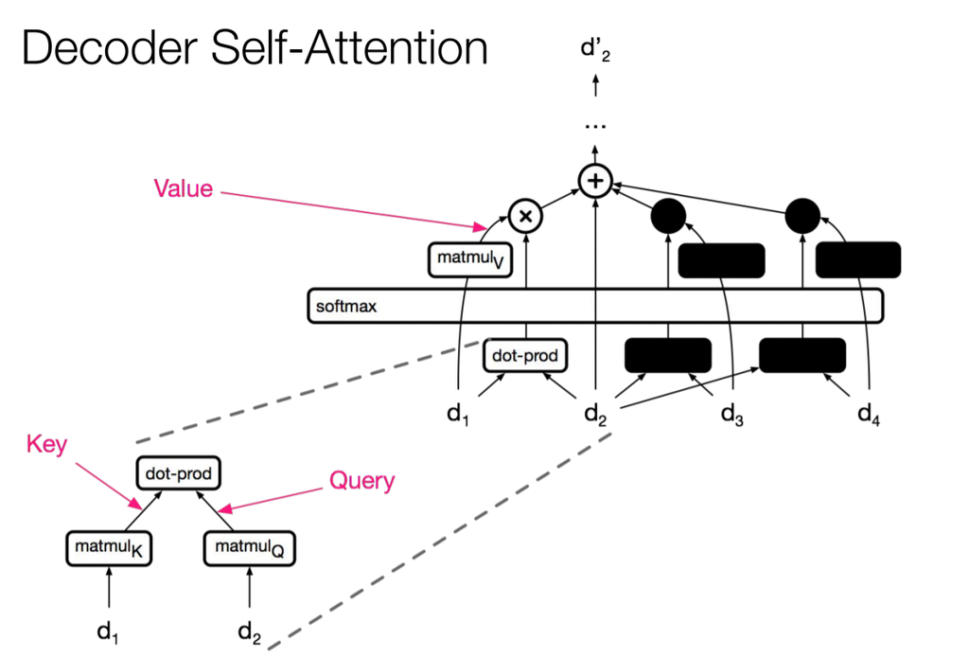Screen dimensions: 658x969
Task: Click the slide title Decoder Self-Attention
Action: pyautogui.click(x=255, y=48)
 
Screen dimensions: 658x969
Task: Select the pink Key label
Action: pyautogui.click(x=46, y=444)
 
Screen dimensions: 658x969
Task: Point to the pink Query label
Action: pyautogui.click(x=361, y=481)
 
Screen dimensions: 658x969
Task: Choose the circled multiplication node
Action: pyautogui.click(x=525, y=216)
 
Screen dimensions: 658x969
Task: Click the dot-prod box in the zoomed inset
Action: pyautogui.click(x=179, y=471)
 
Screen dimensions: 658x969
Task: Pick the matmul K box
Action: pyautogui.click(x=109, y=546)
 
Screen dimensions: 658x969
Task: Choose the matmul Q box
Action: pyautogui.click(x=249, y=546)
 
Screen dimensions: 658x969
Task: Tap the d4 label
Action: pyautogui.click(x=868, y=414)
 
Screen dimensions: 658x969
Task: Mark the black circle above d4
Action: pyautogui.click(x=802, y=217)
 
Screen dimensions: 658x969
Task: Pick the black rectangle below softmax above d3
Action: pyautogui.click(x=667, y=355)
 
